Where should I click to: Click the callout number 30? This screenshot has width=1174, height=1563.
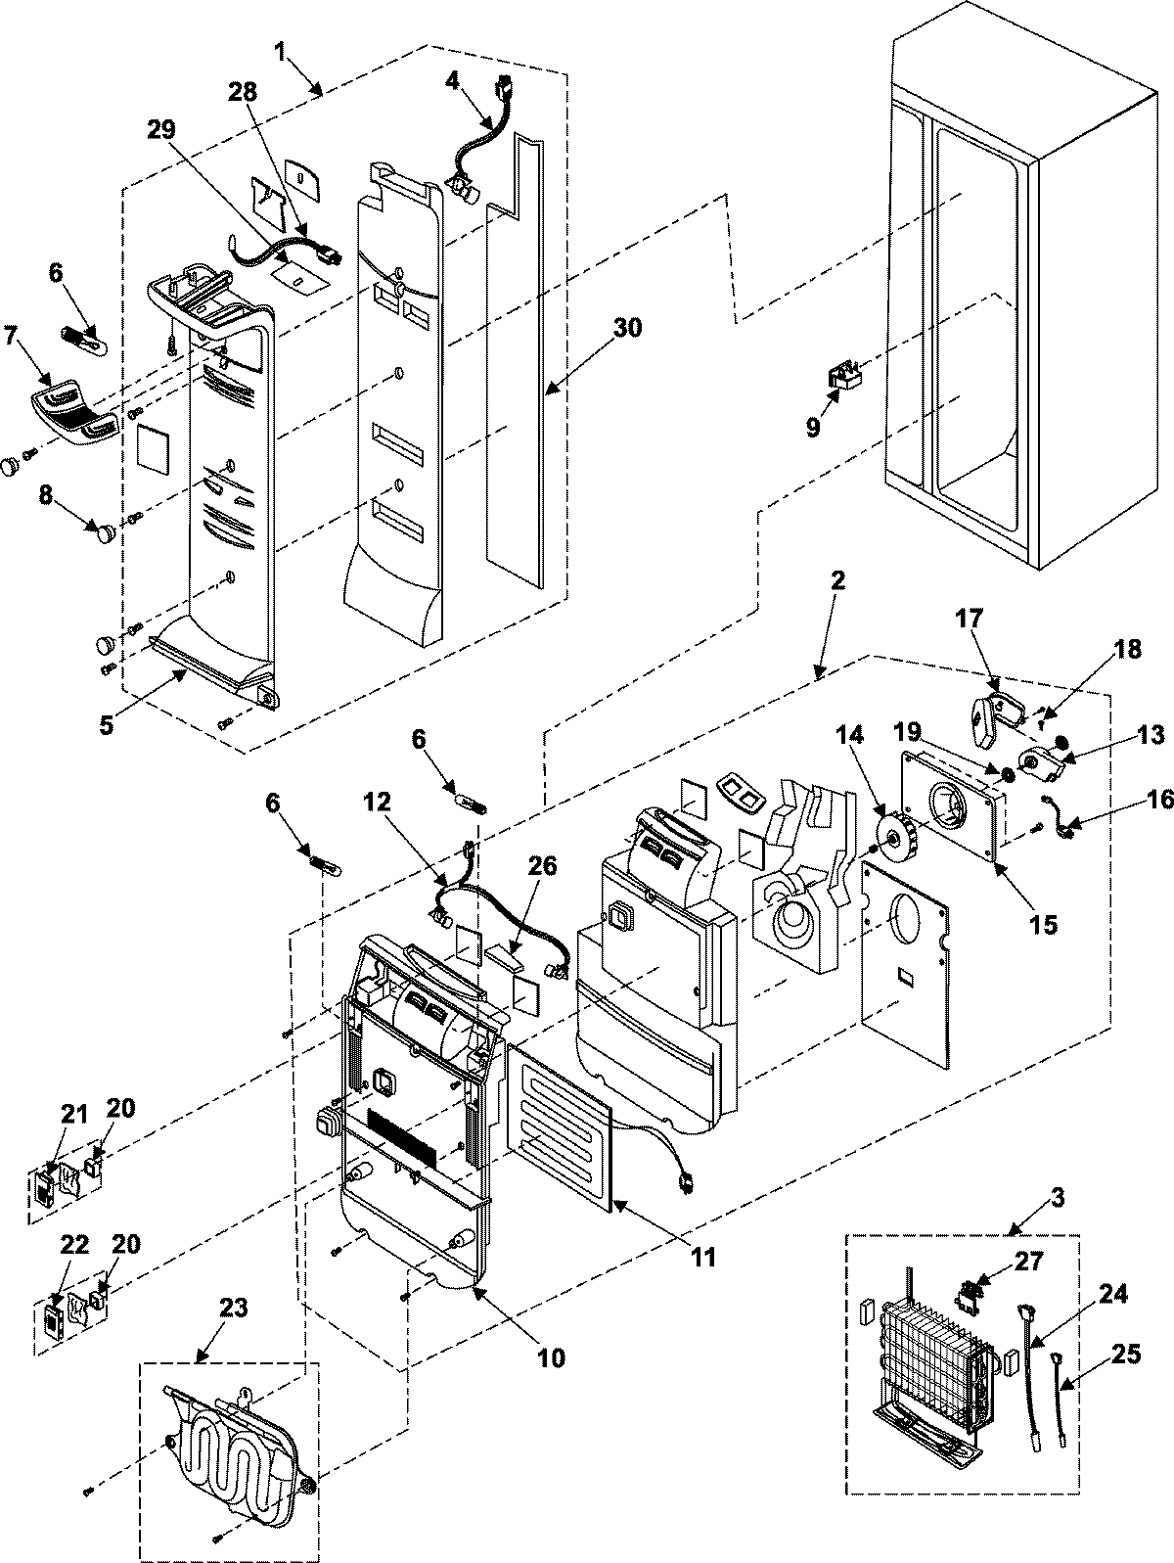click(x=628, y=328)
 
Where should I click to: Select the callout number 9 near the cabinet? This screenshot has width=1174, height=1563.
click(x=813, y=428)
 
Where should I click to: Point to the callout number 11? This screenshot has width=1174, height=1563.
click(x=700, y=1257)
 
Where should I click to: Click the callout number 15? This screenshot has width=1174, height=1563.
click(x=1043, y=923)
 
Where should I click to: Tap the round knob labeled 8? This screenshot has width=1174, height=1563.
click(x=104, y=531)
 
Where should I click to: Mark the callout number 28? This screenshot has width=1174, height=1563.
click(x=243, y=93)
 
